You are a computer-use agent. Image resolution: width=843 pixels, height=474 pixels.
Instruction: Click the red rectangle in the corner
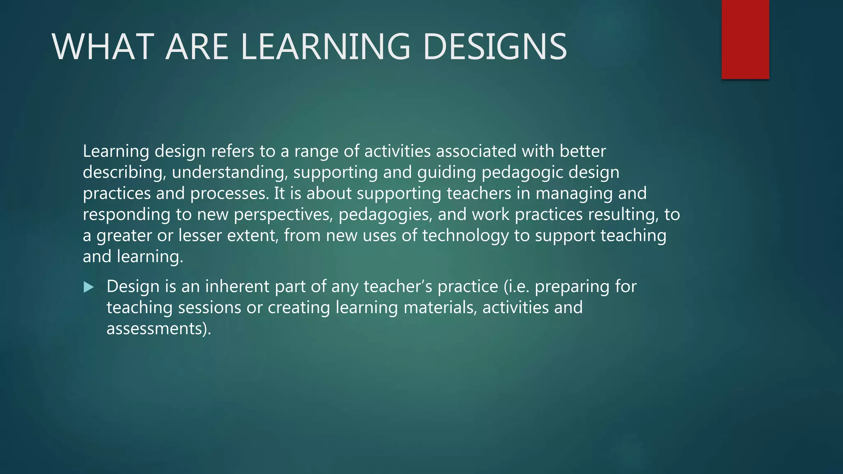(745, 39)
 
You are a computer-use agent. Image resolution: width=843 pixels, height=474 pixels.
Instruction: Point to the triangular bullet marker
(88, 287)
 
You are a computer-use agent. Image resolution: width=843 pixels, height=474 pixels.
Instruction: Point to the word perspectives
(283, 215)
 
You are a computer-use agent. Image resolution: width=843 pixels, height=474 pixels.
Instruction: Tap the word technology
(465, 236)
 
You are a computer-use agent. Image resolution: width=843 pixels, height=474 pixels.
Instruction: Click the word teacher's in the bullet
(398, 286)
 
